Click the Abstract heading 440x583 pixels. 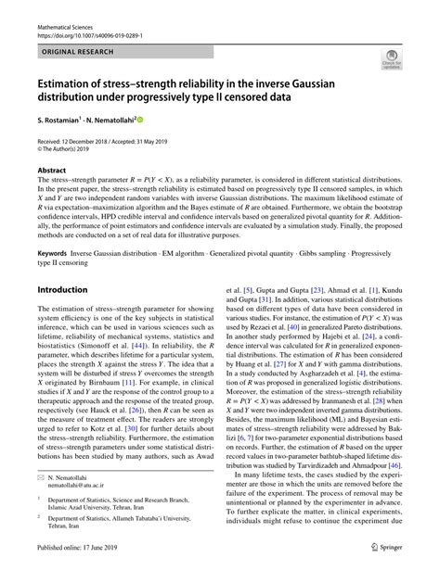(x=52, y=171)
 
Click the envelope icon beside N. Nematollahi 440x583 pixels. (x=42, y=501)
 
